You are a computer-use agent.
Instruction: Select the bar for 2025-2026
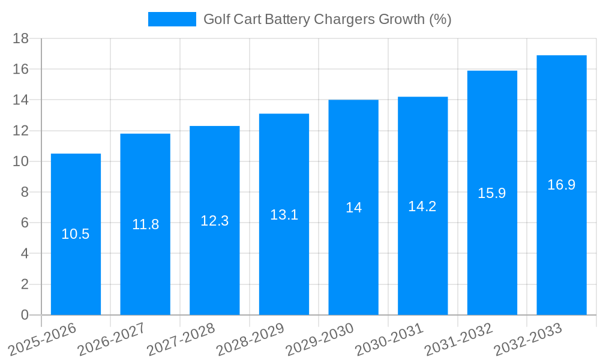point(76,270)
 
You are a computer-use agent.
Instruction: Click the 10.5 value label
point(76,235)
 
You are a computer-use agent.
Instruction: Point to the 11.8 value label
point(145,224)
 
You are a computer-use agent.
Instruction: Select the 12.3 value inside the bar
point(214,221)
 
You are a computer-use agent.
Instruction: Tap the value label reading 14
point(353,208)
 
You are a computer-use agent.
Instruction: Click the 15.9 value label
point(492,193)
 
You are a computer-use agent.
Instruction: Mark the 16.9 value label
point(561,185)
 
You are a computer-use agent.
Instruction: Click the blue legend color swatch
point(172,19)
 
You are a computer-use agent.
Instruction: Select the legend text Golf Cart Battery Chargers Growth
point(327,19)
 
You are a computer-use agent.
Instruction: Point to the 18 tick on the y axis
point(21,38)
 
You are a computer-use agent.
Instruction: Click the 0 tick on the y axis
point(25,315)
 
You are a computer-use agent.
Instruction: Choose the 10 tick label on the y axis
point(21,161)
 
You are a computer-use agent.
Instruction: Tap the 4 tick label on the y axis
point(25,254)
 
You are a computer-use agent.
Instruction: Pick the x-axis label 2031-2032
point(460,340)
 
